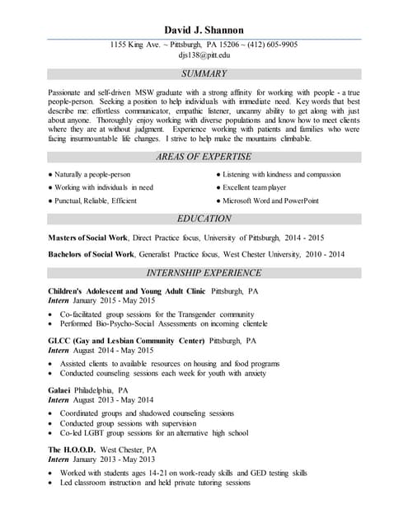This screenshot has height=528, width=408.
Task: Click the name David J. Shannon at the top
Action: coord(204,30)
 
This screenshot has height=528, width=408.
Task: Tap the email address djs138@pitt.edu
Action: coord(204,55)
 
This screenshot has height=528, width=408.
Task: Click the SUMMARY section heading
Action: coord(204,74)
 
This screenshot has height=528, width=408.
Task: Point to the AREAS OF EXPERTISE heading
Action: coord(204,157)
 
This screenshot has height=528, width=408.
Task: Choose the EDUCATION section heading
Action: coord(204,219)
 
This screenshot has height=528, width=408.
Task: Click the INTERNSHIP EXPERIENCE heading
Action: coord(204,273)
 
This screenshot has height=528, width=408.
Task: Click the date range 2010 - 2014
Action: coord(326,255)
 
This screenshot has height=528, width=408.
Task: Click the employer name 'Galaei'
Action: coord(59,390)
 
